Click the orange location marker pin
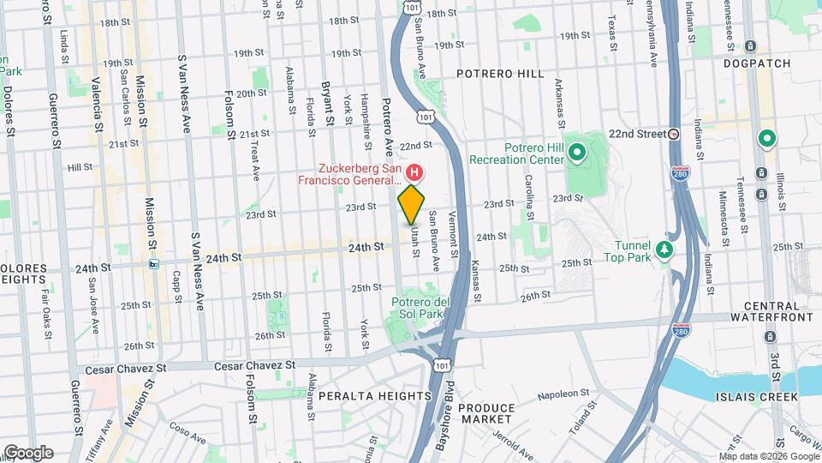pos(412,203)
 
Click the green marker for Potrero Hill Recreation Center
pos(577,154)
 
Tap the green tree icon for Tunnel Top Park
pos(664,250)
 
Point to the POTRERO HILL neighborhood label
pos(500,74)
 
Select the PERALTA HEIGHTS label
pos(375,395)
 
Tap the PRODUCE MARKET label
pos(485,414)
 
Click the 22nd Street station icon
pos(674,135)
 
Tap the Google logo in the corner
pos(27,452)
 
